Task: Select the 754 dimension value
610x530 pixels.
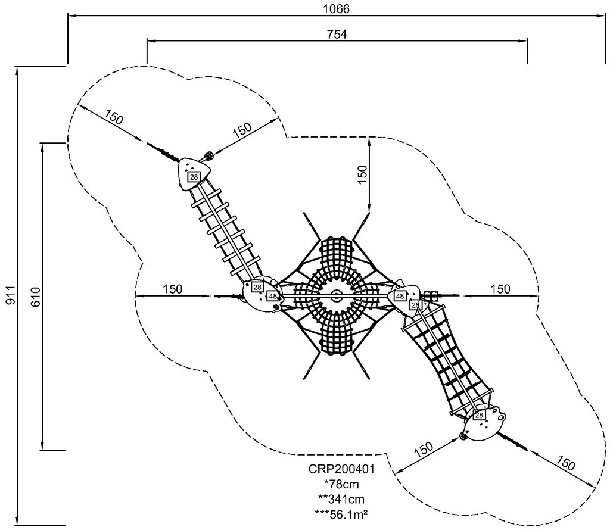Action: pyautogui.click(x=337, y=33)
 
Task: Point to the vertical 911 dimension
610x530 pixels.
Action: pyautogui.click(x=9, y=295)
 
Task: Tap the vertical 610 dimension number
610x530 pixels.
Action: pyautogui.click(x=34, y=296)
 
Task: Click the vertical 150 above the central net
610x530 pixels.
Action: pyautogui.click(x=362, y=174)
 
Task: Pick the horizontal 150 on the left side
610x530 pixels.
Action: pyautogui.click(x=172, y=289)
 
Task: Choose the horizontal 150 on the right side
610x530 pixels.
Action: pyautogui.click(x=500, y=289)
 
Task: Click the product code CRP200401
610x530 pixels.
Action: pyautogui.click(x=341, y=469)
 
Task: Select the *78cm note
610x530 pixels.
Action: pyautogui.click(x=341, y=484)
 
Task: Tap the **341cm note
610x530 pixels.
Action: pyautogui.click(x=341, y=498)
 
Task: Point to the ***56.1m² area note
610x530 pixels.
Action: pyautogui.click(x=341, y=512)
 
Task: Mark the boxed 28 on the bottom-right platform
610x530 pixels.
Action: pyautogui.click(x=478, y=414)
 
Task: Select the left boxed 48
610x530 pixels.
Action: pyautogui.click(x=272, y=296)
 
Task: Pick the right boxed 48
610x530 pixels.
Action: pyautogui.click(x=400, y=296)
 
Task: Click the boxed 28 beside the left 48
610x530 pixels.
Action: pyautogui.click(x=257, y=287)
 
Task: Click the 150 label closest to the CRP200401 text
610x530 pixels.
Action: pyautogui.click(x=422, y=448)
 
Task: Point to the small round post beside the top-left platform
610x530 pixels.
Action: pyautogui.click(x=210, y=156)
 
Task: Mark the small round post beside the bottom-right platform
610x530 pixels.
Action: pyautogui.click(x=463, y=436)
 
